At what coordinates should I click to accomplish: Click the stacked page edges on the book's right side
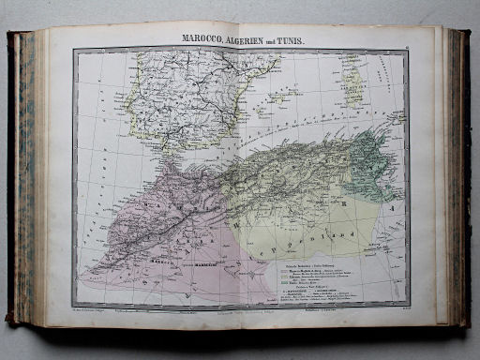click(x=457, y=178)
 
